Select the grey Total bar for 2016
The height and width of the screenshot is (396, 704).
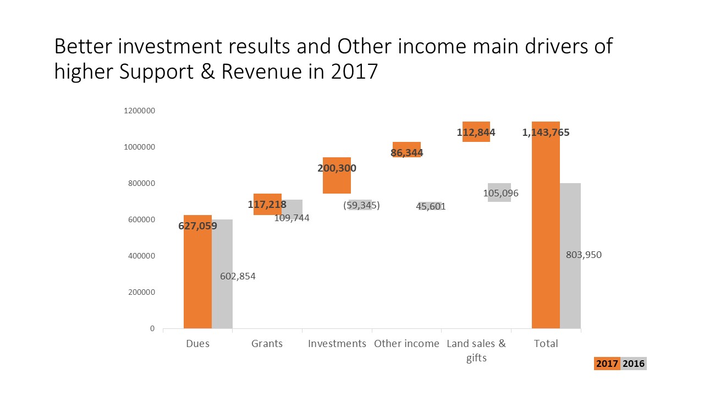pos(570,297)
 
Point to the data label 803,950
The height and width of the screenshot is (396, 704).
pos(584,255)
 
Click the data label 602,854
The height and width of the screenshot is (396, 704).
pos(238,277)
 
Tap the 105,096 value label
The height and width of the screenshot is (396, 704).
pos(501,193)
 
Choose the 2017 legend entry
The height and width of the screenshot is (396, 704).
pos(607,364)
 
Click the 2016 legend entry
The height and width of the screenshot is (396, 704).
pos(634,364)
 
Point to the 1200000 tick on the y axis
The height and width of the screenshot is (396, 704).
pos(140,111)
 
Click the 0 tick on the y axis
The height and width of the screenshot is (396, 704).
pos(152,329)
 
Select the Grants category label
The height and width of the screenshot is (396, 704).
pos(267,344)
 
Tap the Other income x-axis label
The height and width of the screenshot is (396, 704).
pos(406,344)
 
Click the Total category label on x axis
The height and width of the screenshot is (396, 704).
pos(546,344)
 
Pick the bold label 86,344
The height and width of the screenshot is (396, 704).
pos(407,152)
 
